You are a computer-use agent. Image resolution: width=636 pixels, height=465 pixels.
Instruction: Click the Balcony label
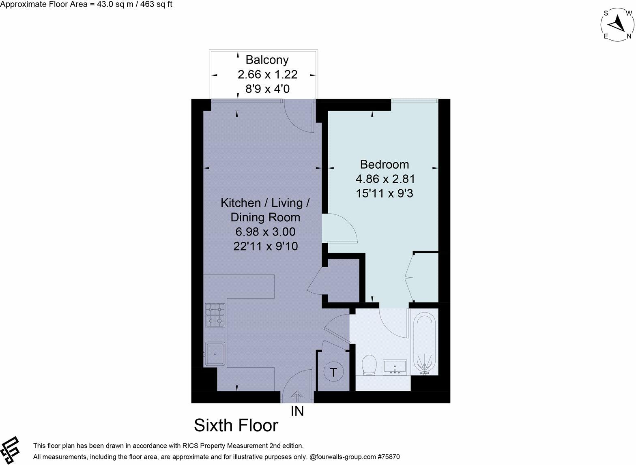(x=267, y=60)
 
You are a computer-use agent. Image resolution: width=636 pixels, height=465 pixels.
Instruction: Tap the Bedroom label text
(x=385, y=164)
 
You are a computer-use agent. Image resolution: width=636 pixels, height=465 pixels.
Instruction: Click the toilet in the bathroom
(x=369, y=365)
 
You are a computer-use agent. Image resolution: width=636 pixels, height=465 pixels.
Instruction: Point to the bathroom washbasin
(x=395, y=367)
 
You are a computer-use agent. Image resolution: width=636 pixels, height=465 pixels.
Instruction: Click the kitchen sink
(x=215, y=354)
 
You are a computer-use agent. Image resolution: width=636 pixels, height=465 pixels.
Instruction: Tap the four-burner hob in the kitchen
(x=215, y=315)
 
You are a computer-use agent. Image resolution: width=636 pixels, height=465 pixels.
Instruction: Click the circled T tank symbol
(x=333, y=372)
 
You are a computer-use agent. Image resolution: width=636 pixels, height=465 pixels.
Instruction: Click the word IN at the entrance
(x=297, y=411)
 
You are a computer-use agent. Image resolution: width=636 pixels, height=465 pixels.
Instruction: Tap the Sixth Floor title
(x=236, y=426)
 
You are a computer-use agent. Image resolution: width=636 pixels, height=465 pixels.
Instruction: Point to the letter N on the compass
(x=629, y=36)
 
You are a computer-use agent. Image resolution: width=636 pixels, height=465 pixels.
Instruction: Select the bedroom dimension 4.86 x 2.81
(x=385, y=179)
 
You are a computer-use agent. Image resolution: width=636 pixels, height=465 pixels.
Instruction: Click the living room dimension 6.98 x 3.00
(x=265, y=231)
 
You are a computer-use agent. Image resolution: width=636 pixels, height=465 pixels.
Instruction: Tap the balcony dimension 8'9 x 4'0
(x=267, y=89)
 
